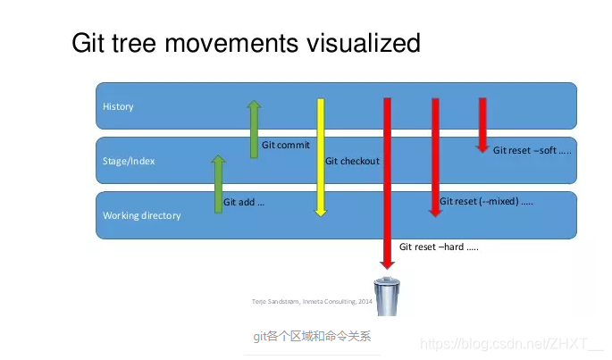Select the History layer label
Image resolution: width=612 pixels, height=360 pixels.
(118, 106)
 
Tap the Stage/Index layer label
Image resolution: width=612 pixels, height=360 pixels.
(129, 161)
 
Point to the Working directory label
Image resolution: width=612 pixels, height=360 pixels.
(141, 215)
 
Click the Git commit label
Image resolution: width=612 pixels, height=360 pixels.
(285, 145)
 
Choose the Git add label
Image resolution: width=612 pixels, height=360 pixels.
(244, 203)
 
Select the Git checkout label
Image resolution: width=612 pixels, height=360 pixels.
(352, 161)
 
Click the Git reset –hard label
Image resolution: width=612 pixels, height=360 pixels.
(439, 247)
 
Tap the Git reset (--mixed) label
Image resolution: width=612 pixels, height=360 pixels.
(486, 201)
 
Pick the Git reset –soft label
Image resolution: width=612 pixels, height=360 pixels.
(532, 150)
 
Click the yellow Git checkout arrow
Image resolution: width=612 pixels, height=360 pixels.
(321, 156)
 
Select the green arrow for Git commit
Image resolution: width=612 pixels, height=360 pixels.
(254, 130)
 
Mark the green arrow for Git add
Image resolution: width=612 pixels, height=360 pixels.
(218, 184)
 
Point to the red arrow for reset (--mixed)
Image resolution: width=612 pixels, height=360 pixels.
(435, 156)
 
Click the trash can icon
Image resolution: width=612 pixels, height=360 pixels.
(387, 297)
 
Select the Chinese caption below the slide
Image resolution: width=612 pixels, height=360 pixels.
(311, 337)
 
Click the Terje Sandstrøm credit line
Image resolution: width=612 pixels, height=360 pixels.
(312, 302)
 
